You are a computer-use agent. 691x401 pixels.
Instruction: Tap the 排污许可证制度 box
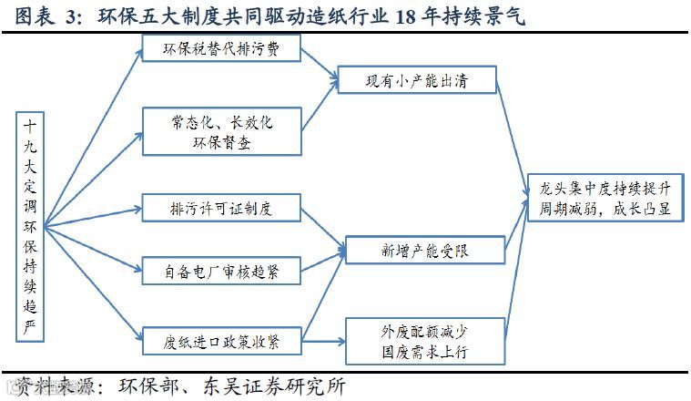pos(221,208)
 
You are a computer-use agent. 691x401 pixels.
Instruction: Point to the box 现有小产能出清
pos(416,79)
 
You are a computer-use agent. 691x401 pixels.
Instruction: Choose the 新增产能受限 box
pos(423,250)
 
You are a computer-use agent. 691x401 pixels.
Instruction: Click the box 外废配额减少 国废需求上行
pos(423,340)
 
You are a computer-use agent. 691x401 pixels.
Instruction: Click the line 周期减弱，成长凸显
pos(604,209)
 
